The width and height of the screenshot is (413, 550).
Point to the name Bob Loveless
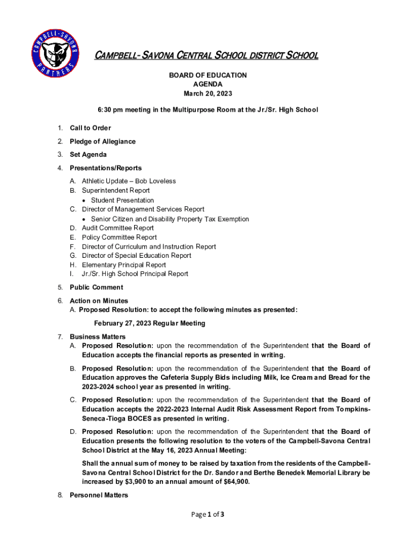(x=156, y=181)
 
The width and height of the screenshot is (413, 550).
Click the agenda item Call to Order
(x=90, y=128)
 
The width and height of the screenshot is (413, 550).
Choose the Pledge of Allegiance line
(x=102, y=141)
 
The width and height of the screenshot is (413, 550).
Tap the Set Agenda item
(x=88, y=155)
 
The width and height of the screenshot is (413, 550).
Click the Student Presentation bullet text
(x=122, y=200)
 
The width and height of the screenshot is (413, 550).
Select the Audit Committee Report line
(x=117, y=228)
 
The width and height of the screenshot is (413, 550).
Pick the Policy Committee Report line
(x=119, y=237)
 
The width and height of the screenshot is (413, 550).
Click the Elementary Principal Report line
(x=124, y=265)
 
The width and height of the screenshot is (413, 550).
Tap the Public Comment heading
(x=97, y=287)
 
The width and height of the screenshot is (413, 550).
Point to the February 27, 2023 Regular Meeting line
(x=150, y=323)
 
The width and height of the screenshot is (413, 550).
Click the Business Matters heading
(x=94, y=336)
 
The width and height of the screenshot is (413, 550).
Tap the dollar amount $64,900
(x=235, y=482)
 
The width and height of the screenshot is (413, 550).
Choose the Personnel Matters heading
(x=99, y=495)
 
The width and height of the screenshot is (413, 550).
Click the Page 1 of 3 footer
(x=206, y=515)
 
